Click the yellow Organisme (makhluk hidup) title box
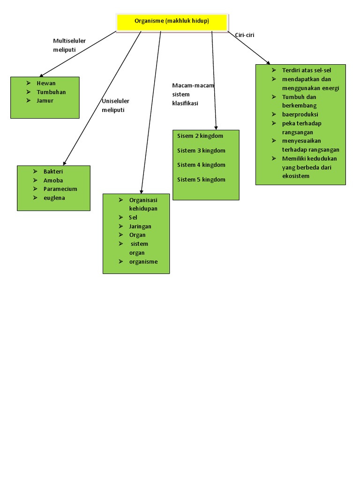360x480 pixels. (x=172, y=22)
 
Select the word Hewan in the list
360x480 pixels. (x=46, y=83)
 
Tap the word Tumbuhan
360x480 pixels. (x=51, y=92)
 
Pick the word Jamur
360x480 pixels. (x=45, y=100)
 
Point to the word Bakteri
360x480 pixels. (x=53, y=172)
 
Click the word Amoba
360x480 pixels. (x=53, y=180)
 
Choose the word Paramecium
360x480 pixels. (x=60, y=189)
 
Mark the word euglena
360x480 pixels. (x=54, y=198)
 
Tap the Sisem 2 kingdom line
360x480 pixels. (x=200, y=136)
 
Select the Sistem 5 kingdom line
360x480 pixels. (x=201, y=180)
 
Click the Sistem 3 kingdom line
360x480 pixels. (x=201, y=150)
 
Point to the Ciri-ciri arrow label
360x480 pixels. (x=245, y=35)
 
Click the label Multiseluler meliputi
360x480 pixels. (x=69, y=45)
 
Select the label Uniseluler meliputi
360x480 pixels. (x=115, y=105)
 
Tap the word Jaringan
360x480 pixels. (x=140, y=226)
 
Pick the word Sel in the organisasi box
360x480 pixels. (x=133, y=217)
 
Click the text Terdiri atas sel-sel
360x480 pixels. (x=307, y=70)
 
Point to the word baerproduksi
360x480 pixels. (x=300, y=114)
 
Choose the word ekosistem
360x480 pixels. (x=296, y=176)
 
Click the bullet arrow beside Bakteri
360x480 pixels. (x=35, y=172)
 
